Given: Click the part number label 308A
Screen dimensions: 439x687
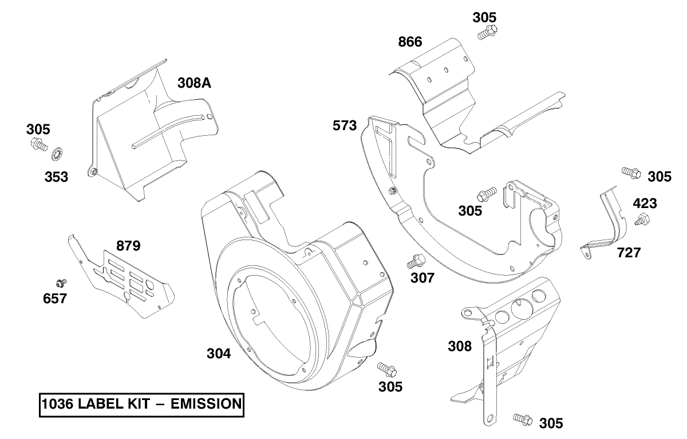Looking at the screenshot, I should click(x=195, y=83).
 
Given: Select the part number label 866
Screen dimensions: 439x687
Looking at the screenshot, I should click(x=410, y=42).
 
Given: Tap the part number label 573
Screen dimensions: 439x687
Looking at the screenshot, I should click(x=345, y=125).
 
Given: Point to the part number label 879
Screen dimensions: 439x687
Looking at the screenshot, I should click(x=128, y=246).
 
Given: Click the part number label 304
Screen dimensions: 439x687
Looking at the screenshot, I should click(x=219, y=354).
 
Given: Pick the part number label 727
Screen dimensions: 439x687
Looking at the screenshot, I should click(x=628, y=252).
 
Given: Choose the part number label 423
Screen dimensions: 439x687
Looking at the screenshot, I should click(x=645, y=203).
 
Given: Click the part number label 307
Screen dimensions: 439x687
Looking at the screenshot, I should click(x=423, y=278).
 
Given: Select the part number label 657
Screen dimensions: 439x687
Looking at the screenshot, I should click(x=54, y=298).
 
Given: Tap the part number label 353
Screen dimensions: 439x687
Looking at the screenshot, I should click(x=56, y=177).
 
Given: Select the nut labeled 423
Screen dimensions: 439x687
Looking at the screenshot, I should click(x=641, y=219).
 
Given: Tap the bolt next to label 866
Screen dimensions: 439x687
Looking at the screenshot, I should click(x=485, y=33).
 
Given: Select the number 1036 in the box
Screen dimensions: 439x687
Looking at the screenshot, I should click(x=56, y=404).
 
